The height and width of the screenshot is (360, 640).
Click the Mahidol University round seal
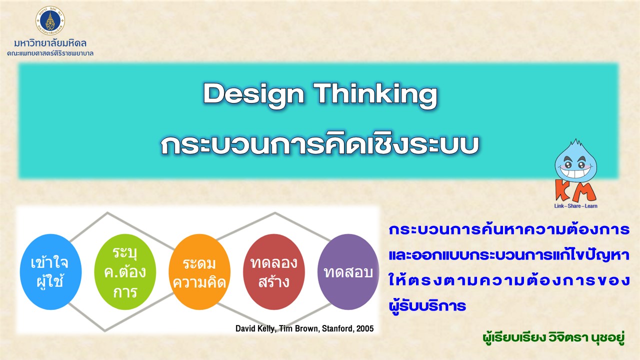point(50,20)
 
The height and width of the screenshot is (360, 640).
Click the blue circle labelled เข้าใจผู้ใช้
point(50,271)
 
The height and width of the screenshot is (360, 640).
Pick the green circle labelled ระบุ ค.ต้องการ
point(125,271)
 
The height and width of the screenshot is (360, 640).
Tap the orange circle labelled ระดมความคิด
point(199,271)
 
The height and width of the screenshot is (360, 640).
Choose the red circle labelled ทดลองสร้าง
point(273,271)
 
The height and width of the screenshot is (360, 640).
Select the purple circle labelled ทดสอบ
point(348,271)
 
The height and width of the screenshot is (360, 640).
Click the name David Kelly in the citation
point(255,328)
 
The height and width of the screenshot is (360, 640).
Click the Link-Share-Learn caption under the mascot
point(575,206)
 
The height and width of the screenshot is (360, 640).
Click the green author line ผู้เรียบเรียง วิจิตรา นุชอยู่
point(553,337)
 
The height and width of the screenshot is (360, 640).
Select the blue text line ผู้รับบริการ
point(427,305)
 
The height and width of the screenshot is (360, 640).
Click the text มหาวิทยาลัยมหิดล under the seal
point(50,43)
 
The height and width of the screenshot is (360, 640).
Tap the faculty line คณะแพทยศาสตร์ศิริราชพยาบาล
point(50,53)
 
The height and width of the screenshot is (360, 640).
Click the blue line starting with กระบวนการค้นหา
point(509,229)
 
